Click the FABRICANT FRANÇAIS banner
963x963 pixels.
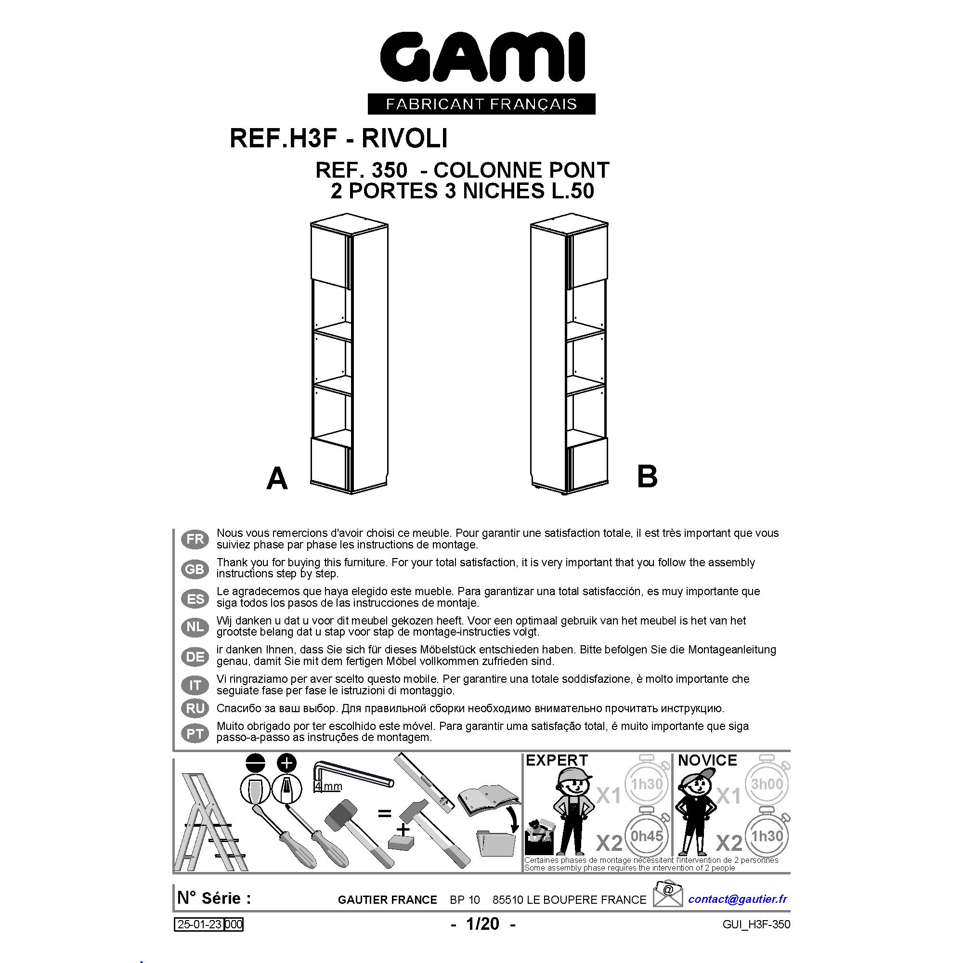tap(481, 104)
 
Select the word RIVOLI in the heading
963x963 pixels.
tap(404, 138)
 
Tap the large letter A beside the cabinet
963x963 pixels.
tap(277, 479)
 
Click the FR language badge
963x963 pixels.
tap(195, 539)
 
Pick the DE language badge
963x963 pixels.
tap(195, 656)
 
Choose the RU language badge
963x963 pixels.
tap(195, 708)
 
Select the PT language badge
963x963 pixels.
tap(195, 733)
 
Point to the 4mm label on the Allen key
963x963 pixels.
tap(328, 787)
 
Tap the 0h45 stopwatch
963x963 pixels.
tap(647, 835)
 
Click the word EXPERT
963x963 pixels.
tap(557, 760)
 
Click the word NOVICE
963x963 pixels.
tap(707, 760)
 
